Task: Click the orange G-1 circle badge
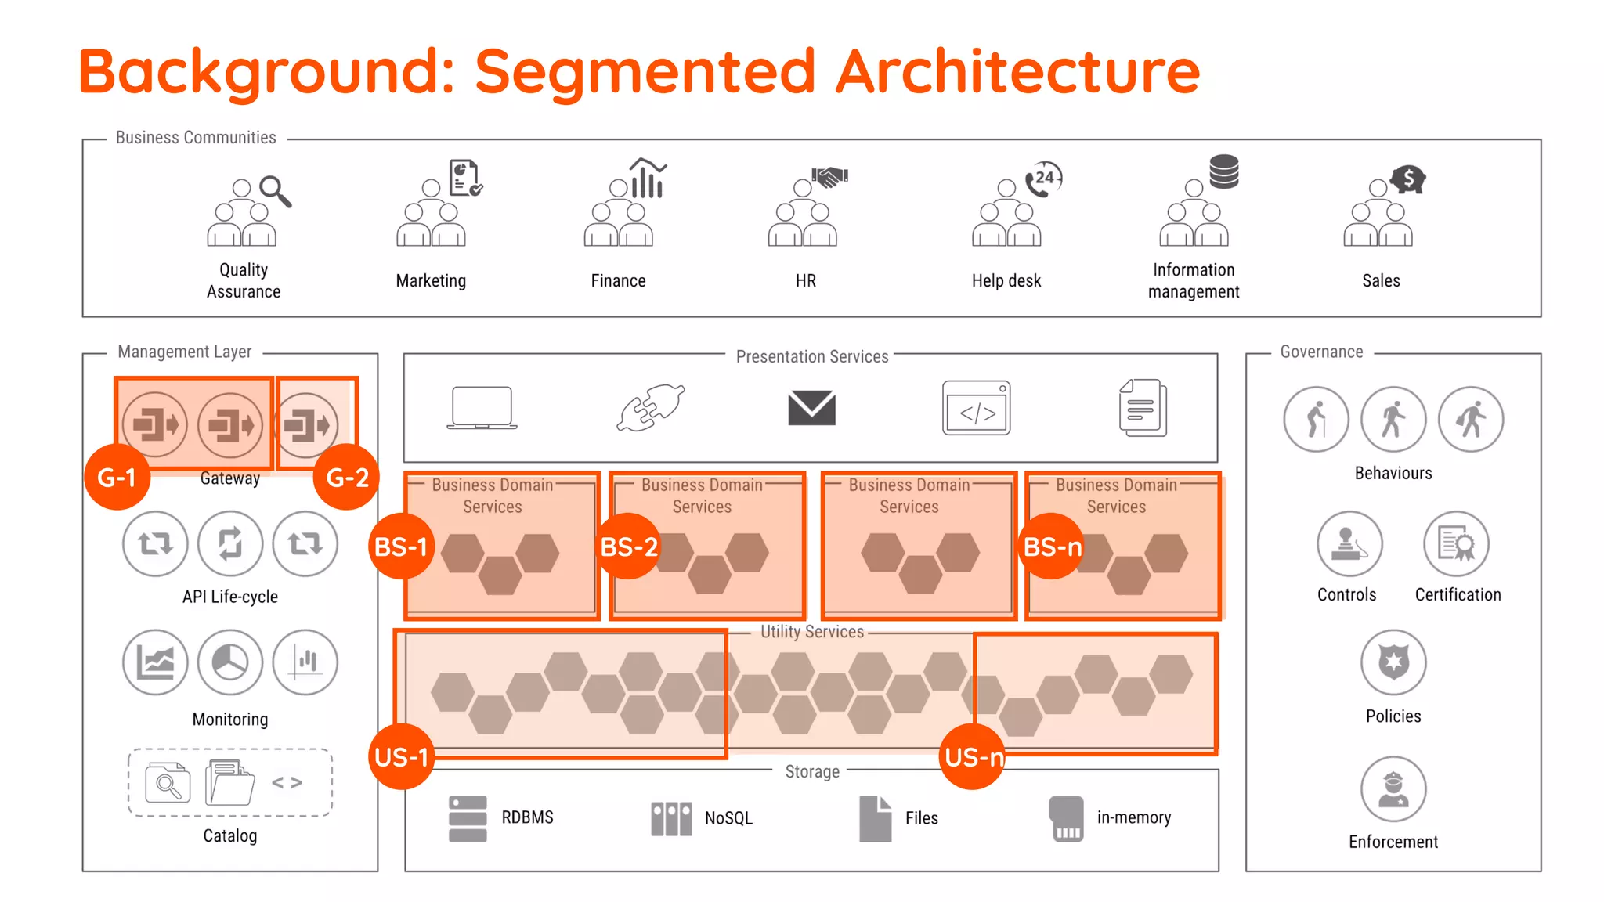(x=117, y=477)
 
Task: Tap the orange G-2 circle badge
(x=346, y=477)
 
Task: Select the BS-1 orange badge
(x=401, y=546)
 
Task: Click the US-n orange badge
(x=973, y=756)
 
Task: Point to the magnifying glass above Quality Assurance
(x=275, y=190)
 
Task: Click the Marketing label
(x=431, y=280)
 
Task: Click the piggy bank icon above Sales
(x=1408, y=179)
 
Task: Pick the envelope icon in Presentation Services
(x=811, y=408)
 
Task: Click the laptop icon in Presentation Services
(x=482, y=408)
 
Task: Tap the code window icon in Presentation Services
(x=977, y=408)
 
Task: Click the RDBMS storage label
(x=527, y=817)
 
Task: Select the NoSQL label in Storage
(x=728, y=818)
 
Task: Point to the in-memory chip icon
(x=1066, y=818)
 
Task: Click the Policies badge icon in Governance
(x=1393, y=662)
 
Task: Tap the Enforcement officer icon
(x=1393, y=788)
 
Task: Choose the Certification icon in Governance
(x=1456, y=543)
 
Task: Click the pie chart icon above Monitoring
(x=229, y=662)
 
